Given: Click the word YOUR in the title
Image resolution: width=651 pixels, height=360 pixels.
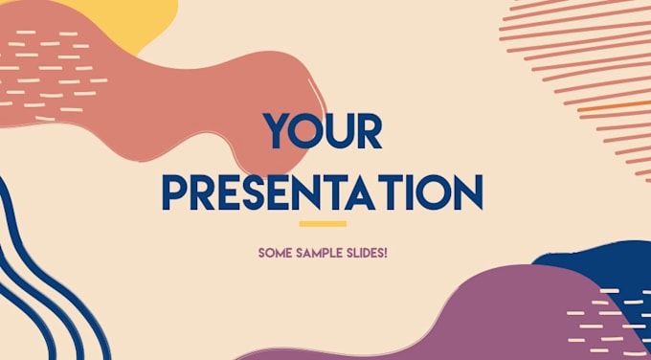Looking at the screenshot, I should click(x=323, y=131).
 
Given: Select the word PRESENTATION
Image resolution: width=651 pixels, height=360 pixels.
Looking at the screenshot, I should click(x=323, y=191).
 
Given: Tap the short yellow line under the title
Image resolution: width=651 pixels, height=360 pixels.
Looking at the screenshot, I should click(x=323, y=224).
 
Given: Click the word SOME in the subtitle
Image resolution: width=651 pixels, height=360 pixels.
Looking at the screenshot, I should click(x=275, y=254).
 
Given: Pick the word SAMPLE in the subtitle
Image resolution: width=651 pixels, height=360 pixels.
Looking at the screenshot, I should click(x=319, y=254).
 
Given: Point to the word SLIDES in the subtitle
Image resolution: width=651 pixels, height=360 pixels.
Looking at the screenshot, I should click(x=363, y=254).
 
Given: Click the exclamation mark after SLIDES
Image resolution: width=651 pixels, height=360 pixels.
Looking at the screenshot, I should click(x=386, y=254).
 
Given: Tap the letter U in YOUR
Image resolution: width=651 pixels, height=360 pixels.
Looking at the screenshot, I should click(x=342, y=131).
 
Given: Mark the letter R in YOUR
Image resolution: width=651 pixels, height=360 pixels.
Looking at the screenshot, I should click(x=370, y=131).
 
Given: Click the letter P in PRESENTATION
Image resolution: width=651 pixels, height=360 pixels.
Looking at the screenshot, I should click(x=174, y=191).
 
